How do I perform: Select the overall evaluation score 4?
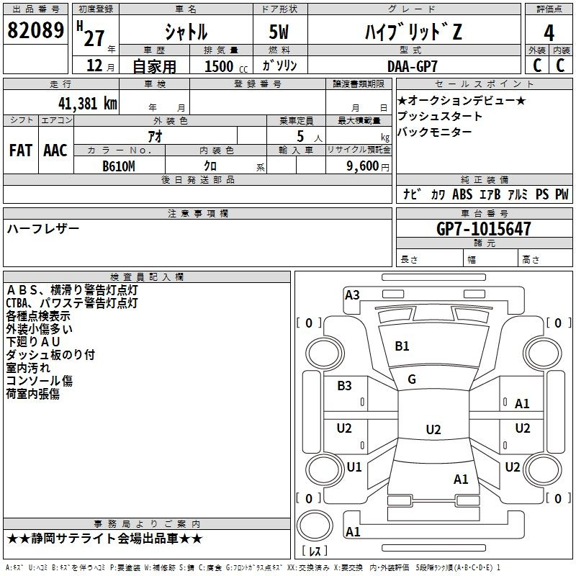[549, 32]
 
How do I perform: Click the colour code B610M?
[119, 166]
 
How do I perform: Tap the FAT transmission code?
[20, 150]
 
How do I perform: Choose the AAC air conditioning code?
[55, 150]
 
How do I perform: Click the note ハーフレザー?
[43, 229]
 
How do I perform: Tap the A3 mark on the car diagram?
[352, 294]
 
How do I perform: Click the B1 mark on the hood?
[402, 346]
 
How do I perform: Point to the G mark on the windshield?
[411, 379]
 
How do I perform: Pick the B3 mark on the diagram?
[345, 386]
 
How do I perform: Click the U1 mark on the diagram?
[354, 467]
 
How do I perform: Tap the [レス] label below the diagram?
[316, 552]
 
